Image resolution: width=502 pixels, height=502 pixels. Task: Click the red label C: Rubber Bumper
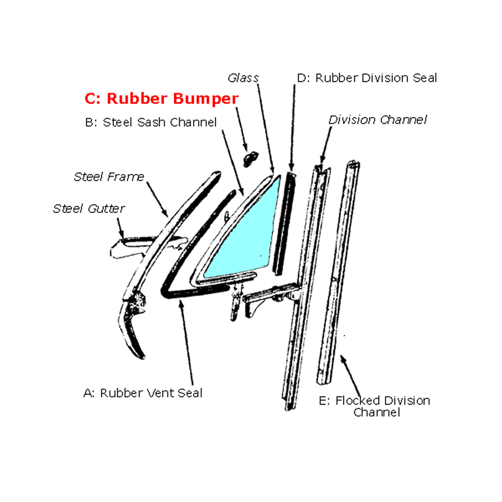161,98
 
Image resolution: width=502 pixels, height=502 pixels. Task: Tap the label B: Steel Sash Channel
151,122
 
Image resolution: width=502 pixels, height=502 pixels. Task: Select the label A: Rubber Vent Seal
143,393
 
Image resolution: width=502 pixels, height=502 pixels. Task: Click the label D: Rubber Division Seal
367,78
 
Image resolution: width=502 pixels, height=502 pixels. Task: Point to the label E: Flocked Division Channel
374,406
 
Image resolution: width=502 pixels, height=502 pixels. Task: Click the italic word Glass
243,78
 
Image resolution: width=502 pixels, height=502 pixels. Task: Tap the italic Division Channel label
378,120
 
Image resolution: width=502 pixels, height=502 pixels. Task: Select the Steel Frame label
109,177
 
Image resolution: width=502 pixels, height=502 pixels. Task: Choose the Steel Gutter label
89,209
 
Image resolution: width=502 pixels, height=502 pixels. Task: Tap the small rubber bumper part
250,159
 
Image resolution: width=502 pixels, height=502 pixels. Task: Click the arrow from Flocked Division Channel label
350,375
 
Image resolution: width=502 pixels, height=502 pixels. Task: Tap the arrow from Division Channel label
326,145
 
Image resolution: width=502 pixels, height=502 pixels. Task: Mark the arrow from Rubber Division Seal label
293,128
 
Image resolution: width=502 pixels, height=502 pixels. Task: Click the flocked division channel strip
338,272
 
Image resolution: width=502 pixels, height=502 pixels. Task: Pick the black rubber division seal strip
284,223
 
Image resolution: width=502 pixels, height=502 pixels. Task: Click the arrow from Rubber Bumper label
242,129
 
